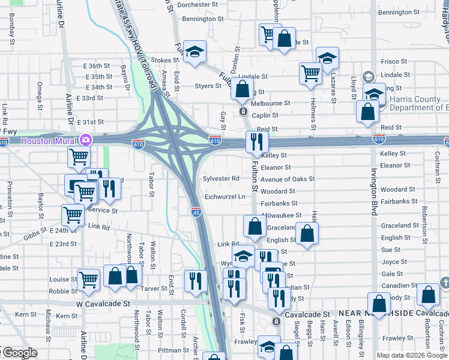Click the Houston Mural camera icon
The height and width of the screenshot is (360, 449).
point(86,140)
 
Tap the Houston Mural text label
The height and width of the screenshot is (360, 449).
point(50,140)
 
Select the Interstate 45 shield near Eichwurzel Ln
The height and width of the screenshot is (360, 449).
point(196,211)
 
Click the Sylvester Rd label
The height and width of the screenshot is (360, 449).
point(221,179)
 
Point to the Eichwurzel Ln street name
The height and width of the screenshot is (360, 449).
point(226,196)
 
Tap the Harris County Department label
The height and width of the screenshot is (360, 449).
point(419,103)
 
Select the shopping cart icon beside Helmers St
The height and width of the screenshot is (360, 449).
point(310,73)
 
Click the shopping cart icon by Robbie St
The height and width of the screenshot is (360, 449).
point(88,279)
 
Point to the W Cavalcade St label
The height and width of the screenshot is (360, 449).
point(103,304)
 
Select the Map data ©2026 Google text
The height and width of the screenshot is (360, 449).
point(411,355)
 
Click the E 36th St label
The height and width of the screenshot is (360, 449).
point(97,66)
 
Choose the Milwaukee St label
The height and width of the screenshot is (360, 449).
point(282,215)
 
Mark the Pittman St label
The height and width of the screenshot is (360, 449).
point(174,350)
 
